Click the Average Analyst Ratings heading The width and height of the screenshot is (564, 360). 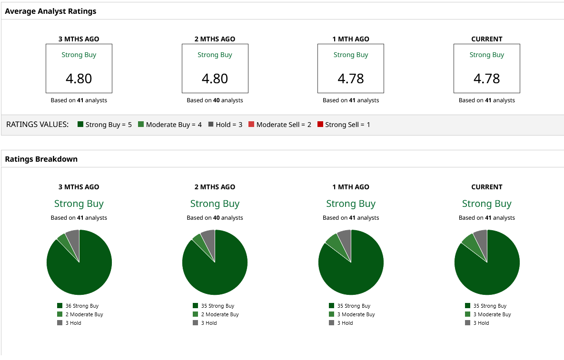click(50, 11)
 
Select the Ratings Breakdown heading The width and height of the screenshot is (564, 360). click(41, 159)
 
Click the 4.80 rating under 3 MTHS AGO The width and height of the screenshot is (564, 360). click(79, 78)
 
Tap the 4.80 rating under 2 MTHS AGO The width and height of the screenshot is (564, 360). click(215, 78)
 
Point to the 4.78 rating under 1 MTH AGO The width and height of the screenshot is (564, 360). click(351, 78)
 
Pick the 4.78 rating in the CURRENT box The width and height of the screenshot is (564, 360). click(486, 78)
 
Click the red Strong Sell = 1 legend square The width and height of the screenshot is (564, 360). click(320, 125)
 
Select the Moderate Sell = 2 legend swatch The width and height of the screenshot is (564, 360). click(251, 125)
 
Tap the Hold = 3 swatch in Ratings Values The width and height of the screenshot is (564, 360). click(211, 125)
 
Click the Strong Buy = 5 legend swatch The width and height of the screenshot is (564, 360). click(80, 125)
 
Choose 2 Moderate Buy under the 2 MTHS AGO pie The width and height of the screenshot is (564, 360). click(215, 314)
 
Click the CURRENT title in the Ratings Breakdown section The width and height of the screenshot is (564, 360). click(486, 187)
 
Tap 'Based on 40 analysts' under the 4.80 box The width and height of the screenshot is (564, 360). click(215, 100)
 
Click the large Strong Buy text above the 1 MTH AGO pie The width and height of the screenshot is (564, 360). click(351, 204)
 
